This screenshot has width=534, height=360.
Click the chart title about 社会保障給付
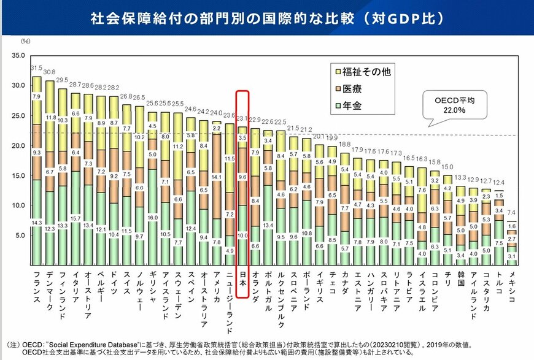pos(266,18)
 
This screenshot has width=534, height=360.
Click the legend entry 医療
pos(356,88)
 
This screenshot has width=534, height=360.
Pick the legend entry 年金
pos(356,106)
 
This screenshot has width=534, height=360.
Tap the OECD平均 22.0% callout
pos(451,105)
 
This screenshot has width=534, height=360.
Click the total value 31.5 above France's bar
pos(36,68)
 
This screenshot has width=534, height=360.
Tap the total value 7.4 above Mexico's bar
pos(511,212)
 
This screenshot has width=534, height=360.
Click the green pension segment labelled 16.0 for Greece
pos(152,217)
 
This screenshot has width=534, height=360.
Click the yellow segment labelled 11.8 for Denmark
pos(50,117)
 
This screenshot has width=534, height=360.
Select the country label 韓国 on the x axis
pos(460,282)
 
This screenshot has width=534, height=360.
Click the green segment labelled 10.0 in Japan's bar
pos(242,236)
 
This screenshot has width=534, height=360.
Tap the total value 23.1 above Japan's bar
pos(242,118)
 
